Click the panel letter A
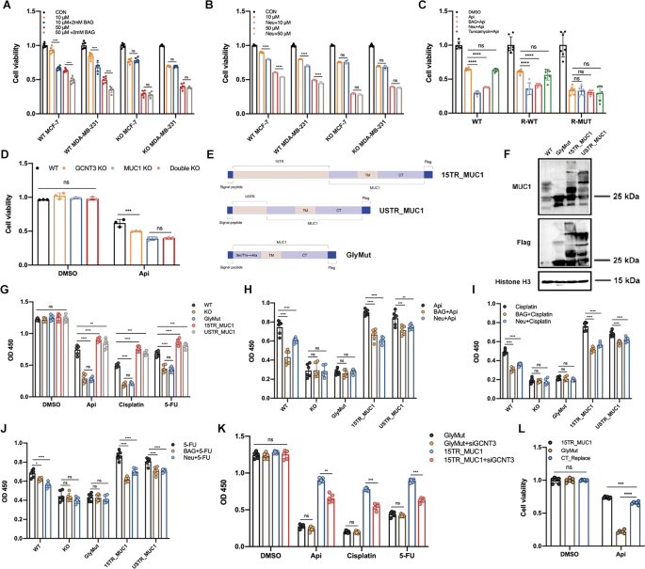(x=7, y=7)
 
